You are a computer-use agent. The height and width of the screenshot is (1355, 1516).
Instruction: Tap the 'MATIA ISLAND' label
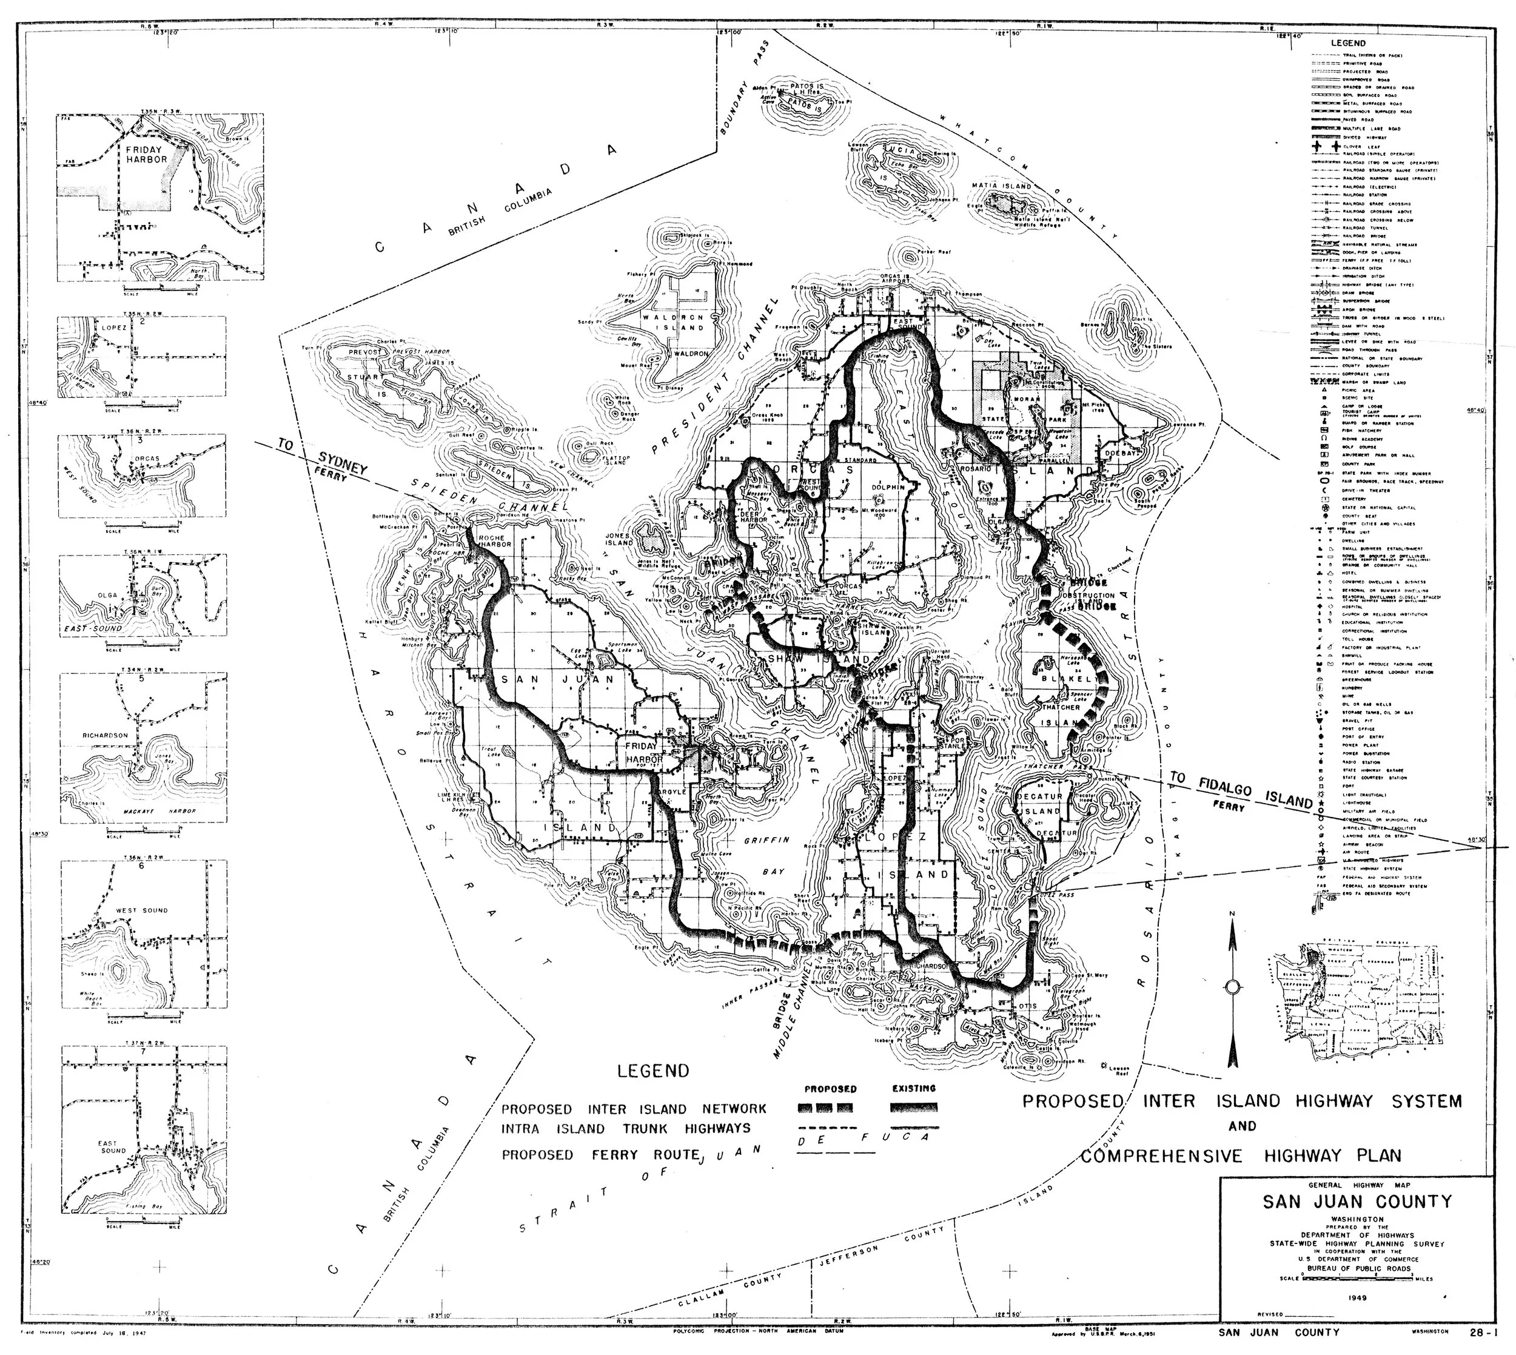click(1002, 186)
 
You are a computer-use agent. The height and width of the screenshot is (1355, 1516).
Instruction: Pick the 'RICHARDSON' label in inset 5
click(105, 735)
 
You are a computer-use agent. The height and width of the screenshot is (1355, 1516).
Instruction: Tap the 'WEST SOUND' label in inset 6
click(141, 910)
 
